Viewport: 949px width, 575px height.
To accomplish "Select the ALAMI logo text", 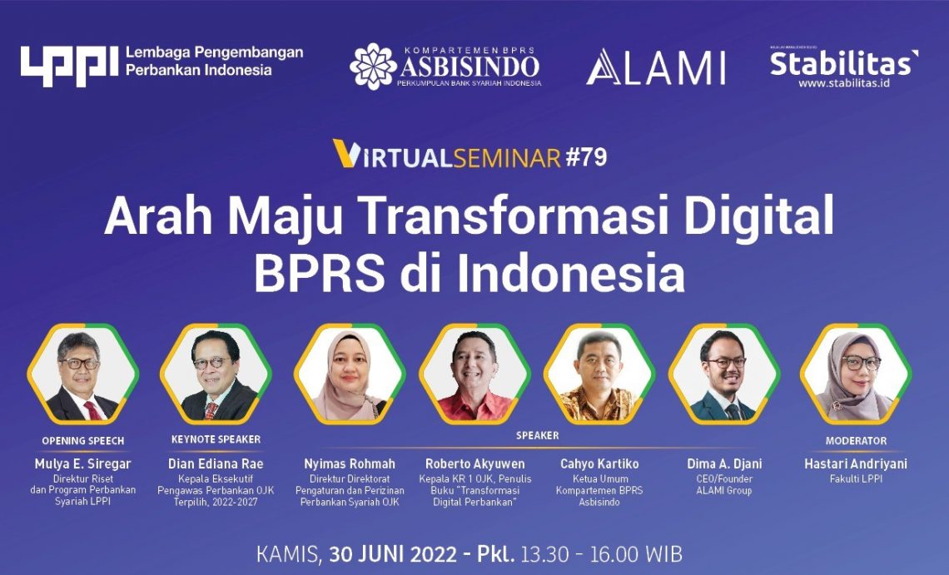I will (655, 67).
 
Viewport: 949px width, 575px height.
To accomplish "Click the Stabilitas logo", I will (843, 63).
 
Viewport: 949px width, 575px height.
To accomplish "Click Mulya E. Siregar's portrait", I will (82, 375).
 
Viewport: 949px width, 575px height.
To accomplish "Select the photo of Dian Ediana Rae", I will (216, 375).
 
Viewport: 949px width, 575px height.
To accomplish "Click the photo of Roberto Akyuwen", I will (474, 375).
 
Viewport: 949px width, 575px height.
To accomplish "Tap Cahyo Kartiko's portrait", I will (599, 375).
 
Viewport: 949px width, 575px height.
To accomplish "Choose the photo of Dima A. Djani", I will (723, 375).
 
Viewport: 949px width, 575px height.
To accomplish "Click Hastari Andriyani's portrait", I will (856, 375).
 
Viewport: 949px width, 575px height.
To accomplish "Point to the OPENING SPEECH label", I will (82, 440).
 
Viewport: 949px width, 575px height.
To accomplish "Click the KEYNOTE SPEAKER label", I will (216, 439).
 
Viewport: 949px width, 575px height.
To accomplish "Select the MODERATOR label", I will (856, 440).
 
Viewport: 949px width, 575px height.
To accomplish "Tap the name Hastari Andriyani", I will (856, 463).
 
